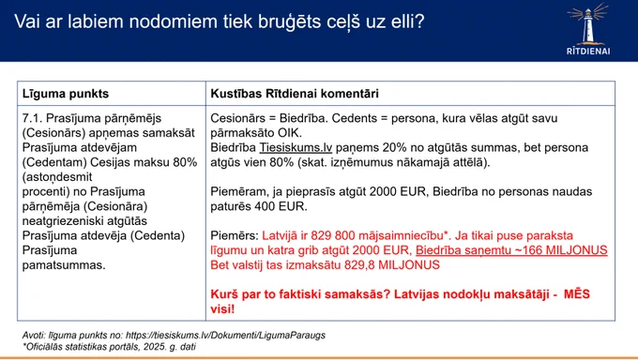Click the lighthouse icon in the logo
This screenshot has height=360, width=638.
point(588,23)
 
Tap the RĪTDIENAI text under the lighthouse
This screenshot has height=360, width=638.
point(588,52)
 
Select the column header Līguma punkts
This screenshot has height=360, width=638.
point(66,94)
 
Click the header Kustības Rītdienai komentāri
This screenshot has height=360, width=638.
point(295,94)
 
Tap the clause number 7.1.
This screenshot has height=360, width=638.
point(32,118)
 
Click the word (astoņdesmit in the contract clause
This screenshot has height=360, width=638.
point(57,177)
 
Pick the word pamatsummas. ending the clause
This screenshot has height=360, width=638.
point(64,265)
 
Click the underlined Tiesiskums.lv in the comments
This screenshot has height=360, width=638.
point(296,148)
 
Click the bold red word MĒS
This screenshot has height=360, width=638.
point(577,294)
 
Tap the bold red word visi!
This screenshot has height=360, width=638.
point(222,308)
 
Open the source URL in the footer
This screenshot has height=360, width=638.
point(225,336)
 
